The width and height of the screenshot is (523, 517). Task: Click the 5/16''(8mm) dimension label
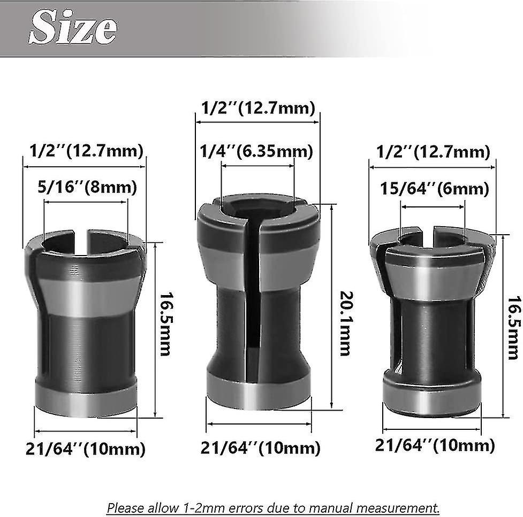[87, 188]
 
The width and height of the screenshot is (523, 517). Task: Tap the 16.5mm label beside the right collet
[513, 328]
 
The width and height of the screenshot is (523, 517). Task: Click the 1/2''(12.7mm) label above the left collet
[84, 151]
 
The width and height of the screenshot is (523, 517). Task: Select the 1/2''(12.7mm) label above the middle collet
[258, 109]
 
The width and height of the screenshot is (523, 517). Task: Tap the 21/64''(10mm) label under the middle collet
[261, 447]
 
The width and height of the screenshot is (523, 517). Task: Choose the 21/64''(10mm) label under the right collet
[435, 445]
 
